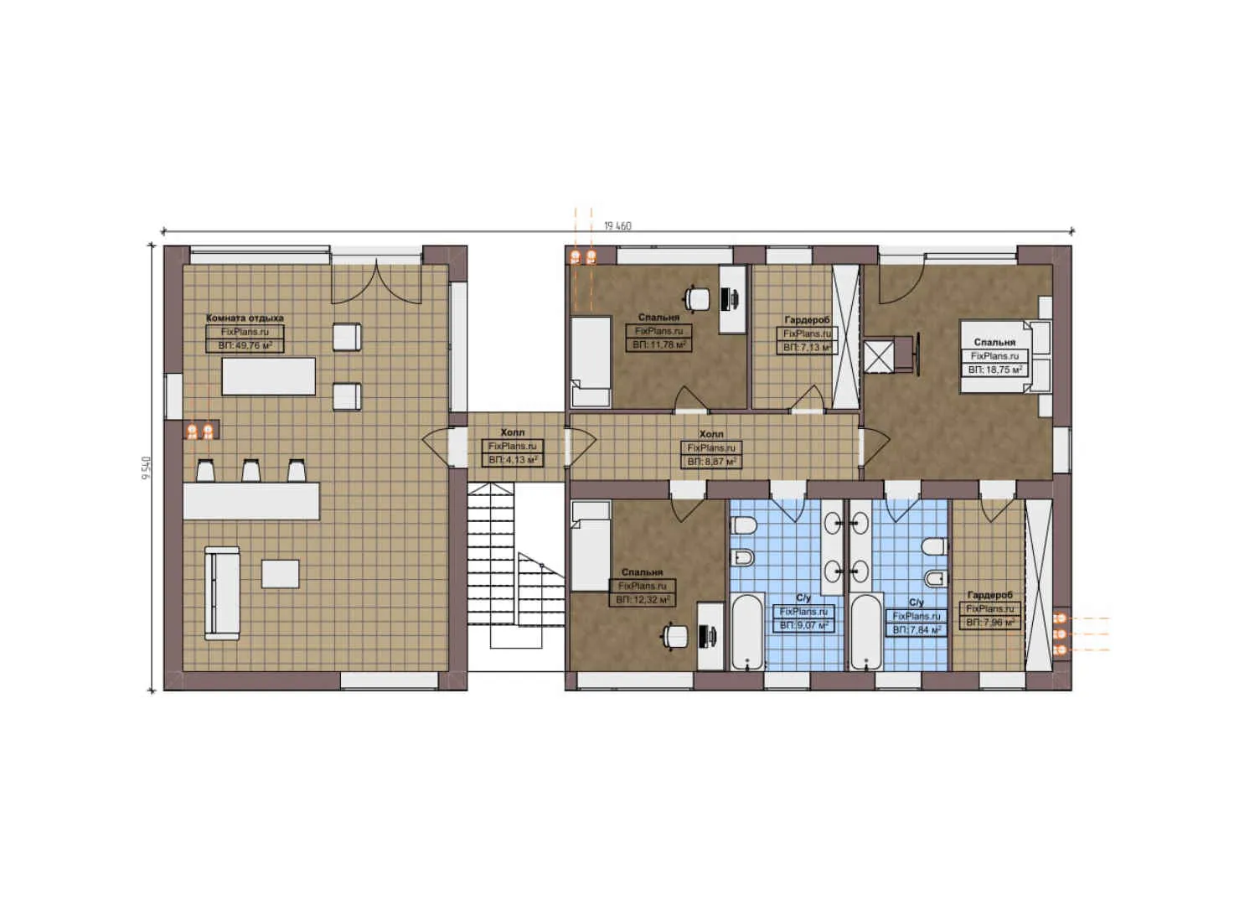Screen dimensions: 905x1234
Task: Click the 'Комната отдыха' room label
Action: pos(245,318)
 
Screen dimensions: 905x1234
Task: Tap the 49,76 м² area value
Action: pos(245,345)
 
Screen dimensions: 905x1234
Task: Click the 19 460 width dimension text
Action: pos(617,226)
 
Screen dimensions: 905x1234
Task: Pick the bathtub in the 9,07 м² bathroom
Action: pos(746,632)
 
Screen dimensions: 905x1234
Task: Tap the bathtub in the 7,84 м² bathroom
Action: pos(866,632)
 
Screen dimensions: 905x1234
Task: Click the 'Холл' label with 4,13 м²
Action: pos(512,432)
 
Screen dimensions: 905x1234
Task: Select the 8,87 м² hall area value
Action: pos(711,462)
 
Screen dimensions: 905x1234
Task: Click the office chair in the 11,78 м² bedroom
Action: pos(696,297)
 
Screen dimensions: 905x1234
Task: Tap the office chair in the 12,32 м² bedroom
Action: pos(673,637)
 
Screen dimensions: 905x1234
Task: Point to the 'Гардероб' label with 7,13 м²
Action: pos(807,320)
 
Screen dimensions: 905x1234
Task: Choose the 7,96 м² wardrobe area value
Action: pos(990,623)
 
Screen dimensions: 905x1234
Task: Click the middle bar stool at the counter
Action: pos(250,470)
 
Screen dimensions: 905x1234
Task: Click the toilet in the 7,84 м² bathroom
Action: pos(934,547)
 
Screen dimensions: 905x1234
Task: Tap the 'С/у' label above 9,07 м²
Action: pos(803,598)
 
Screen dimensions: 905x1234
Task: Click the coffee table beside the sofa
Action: pos(280,574)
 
